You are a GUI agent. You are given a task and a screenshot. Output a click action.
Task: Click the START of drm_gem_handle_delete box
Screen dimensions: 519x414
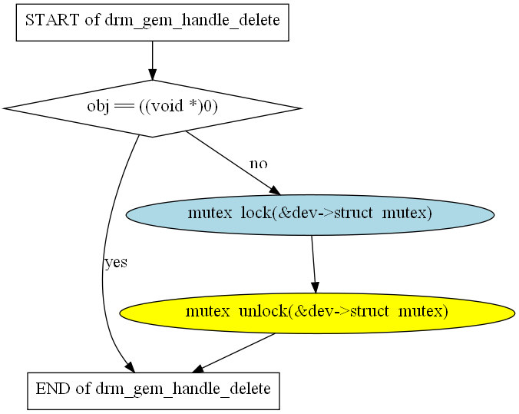coord(152,22)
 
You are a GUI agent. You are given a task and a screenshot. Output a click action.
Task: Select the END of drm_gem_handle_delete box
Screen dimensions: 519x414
coord(154,391)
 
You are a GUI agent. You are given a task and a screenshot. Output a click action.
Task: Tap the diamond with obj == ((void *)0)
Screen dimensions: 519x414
coord(152,108)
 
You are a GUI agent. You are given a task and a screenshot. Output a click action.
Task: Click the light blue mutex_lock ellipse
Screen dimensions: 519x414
coord(310,215)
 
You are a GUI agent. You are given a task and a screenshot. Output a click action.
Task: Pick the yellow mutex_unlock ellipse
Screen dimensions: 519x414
coord(317,313)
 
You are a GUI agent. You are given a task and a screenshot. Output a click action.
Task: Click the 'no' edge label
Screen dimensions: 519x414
coord(259,164)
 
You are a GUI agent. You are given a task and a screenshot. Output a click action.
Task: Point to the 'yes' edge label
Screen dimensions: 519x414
coord(116,263)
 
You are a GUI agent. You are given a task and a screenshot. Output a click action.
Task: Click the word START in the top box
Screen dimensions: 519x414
coord(52,20)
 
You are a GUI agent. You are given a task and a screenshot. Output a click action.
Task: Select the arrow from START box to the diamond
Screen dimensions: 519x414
coord(152,61)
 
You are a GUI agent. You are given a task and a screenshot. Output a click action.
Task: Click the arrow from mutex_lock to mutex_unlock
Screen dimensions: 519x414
coord(314,264)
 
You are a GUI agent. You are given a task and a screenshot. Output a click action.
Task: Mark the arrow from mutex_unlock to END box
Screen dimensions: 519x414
coord(233,353)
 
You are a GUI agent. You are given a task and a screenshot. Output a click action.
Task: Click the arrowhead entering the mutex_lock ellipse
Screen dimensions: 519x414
coord(275,190)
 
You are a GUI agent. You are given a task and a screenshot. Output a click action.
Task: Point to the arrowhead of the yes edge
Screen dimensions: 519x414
coord(131,367)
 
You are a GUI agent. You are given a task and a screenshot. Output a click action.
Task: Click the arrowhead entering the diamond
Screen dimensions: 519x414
coord(152,75)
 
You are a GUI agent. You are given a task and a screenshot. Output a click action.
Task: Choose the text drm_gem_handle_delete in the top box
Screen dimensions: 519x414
coord(192,21)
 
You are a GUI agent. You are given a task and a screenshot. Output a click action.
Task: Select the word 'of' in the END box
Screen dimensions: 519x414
coord(83,389)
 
